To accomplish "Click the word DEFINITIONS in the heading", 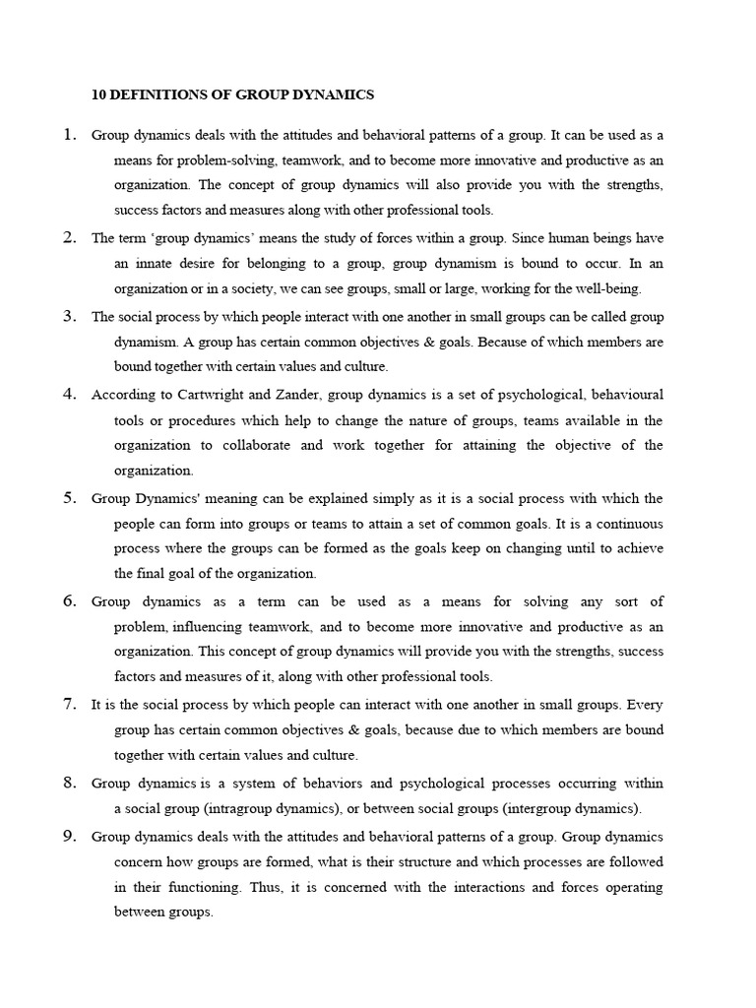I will pyautogui.click(x=159, y=95).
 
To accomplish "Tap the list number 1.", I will pyautogui.click(x=70, y=135).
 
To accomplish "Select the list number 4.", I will pyautogui.click(x=70, y=394).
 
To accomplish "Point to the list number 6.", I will pyautogui.click(x=70, y=600).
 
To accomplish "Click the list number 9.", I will pyautogui.click(x=70, y=836).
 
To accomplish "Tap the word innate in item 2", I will pyautogui.click(x=157, y=263).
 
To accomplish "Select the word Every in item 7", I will pyautogui.click(x=645, y=705).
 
